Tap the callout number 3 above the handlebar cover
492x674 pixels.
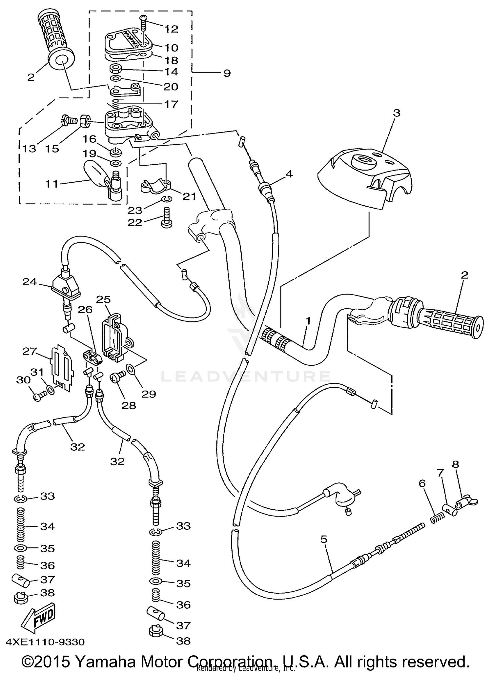[x=397, y=113]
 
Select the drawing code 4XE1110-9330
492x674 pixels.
[x=45, y=642]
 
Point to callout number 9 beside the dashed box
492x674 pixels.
[x=227, y=73]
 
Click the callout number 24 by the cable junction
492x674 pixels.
[x=30, y=282]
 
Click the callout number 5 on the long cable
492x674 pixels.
[x=324, y=539]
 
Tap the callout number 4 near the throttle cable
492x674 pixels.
[x=289, y=174]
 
